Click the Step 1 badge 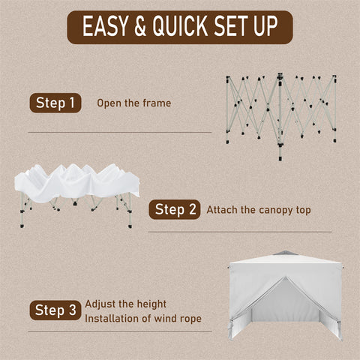coord(55,103)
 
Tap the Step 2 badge coord(175,209)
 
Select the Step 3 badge coord(55,310)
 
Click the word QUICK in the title coord(180,26)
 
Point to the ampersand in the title coord(140,26)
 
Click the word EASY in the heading coord(105,26)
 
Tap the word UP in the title coord(265,26)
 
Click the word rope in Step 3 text coord(190,319)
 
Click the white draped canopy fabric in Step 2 coord(76,182)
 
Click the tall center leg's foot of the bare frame coord(280,158)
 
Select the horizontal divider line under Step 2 coord(240,232)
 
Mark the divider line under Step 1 coord(120,132)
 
